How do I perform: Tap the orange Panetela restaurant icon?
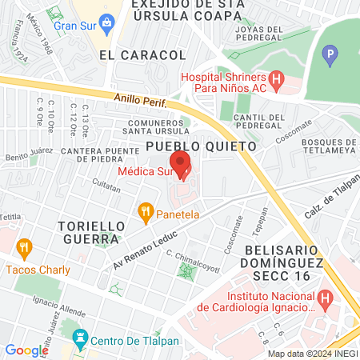tap(145, 213)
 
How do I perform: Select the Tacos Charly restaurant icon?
tap(23, 248)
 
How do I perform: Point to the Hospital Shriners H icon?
tap(277, 80)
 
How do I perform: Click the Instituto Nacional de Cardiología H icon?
tap(325, 299)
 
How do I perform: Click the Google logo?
tap(26, 350)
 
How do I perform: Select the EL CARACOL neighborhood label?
tap(142, 55)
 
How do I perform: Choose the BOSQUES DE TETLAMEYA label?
tap(330, 147)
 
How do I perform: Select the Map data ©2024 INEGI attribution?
tap(312, 354)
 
